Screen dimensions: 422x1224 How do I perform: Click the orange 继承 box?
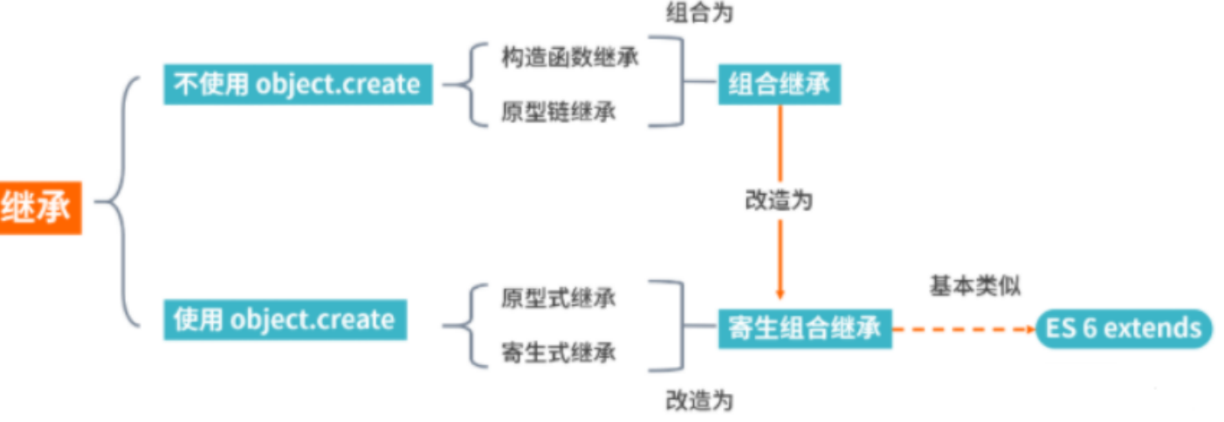pos(39,208)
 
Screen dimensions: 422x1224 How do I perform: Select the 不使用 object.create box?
pos(298,85)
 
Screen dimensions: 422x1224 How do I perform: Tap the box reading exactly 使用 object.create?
pos(284,320)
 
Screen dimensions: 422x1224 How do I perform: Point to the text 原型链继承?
pos(559,113)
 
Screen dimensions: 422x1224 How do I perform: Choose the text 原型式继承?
pos(559,297)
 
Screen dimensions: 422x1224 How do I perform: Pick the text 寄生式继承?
pos(559,353)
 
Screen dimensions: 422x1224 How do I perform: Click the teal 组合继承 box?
pos(779,85)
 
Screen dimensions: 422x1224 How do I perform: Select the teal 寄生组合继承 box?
pos(804,329)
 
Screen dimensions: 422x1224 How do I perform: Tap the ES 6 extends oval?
pos(1124,329)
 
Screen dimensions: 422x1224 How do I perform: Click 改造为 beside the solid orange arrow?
pos(779,199)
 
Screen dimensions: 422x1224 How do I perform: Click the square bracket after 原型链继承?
pos(677,83)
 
